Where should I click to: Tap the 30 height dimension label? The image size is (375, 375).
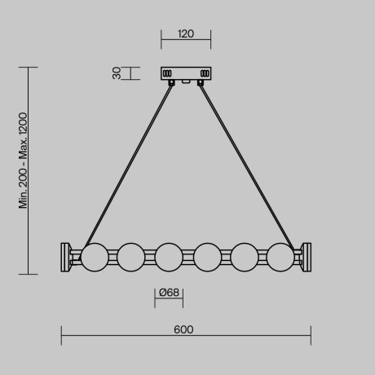tap(117, 73)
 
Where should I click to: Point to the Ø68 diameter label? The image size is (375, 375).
tap(169, 293)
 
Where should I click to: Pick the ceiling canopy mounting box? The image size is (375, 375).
tap(186, 74)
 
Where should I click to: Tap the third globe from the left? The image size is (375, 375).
tap(168, 256)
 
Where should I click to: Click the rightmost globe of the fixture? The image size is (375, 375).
tap(280, 256)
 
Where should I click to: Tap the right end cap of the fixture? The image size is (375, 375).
tap(306, 256)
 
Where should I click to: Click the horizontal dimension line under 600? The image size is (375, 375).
tap(186, 337)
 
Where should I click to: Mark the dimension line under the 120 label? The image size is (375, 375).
tap(185, 42)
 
